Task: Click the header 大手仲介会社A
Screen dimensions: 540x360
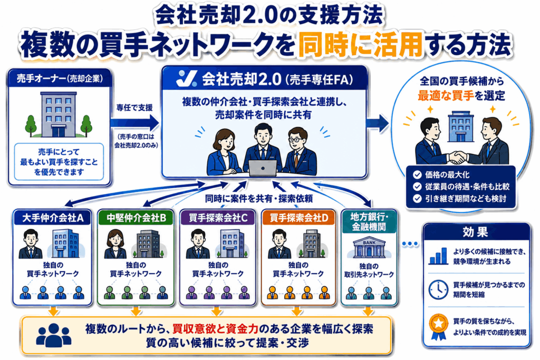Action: click(53, 218)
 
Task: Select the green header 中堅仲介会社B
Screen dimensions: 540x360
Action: click(136, 218)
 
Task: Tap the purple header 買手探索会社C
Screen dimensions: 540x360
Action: click(218, 218)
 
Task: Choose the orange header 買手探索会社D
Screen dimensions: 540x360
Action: click(298, 218)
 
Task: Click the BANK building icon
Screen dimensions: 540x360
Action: click(369, 248)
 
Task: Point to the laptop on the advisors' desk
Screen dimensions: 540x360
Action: click(263, 168)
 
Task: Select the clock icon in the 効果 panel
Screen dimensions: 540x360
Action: click(438, 289)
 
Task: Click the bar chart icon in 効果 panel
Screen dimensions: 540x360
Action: click(438, 256)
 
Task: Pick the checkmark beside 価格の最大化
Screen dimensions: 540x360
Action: click(417, 175)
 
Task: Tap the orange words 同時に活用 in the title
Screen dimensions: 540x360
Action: click(360, 44)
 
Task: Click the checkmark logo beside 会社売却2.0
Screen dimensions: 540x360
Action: click(186, 79)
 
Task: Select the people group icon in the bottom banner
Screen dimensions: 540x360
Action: click(53, 335)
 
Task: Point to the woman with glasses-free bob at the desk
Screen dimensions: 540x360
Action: click(224, 152)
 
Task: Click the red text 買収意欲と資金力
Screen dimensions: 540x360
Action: click(216, 329)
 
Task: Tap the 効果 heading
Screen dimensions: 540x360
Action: click(475, 232)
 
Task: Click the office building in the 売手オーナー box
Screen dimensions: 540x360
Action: click(59, 114)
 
